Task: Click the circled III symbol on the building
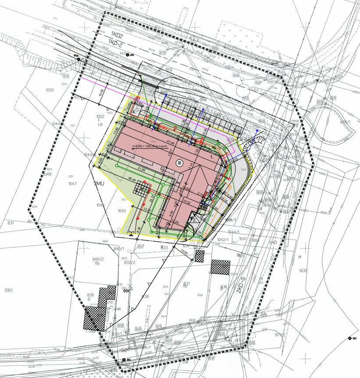179,163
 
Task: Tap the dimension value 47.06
170,143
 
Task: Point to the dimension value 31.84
141,169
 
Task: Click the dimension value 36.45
132,178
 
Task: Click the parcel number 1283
8,290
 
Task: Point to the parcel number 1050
50,90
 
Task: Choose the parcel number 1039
303,271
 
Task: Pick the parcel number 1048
47,174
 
